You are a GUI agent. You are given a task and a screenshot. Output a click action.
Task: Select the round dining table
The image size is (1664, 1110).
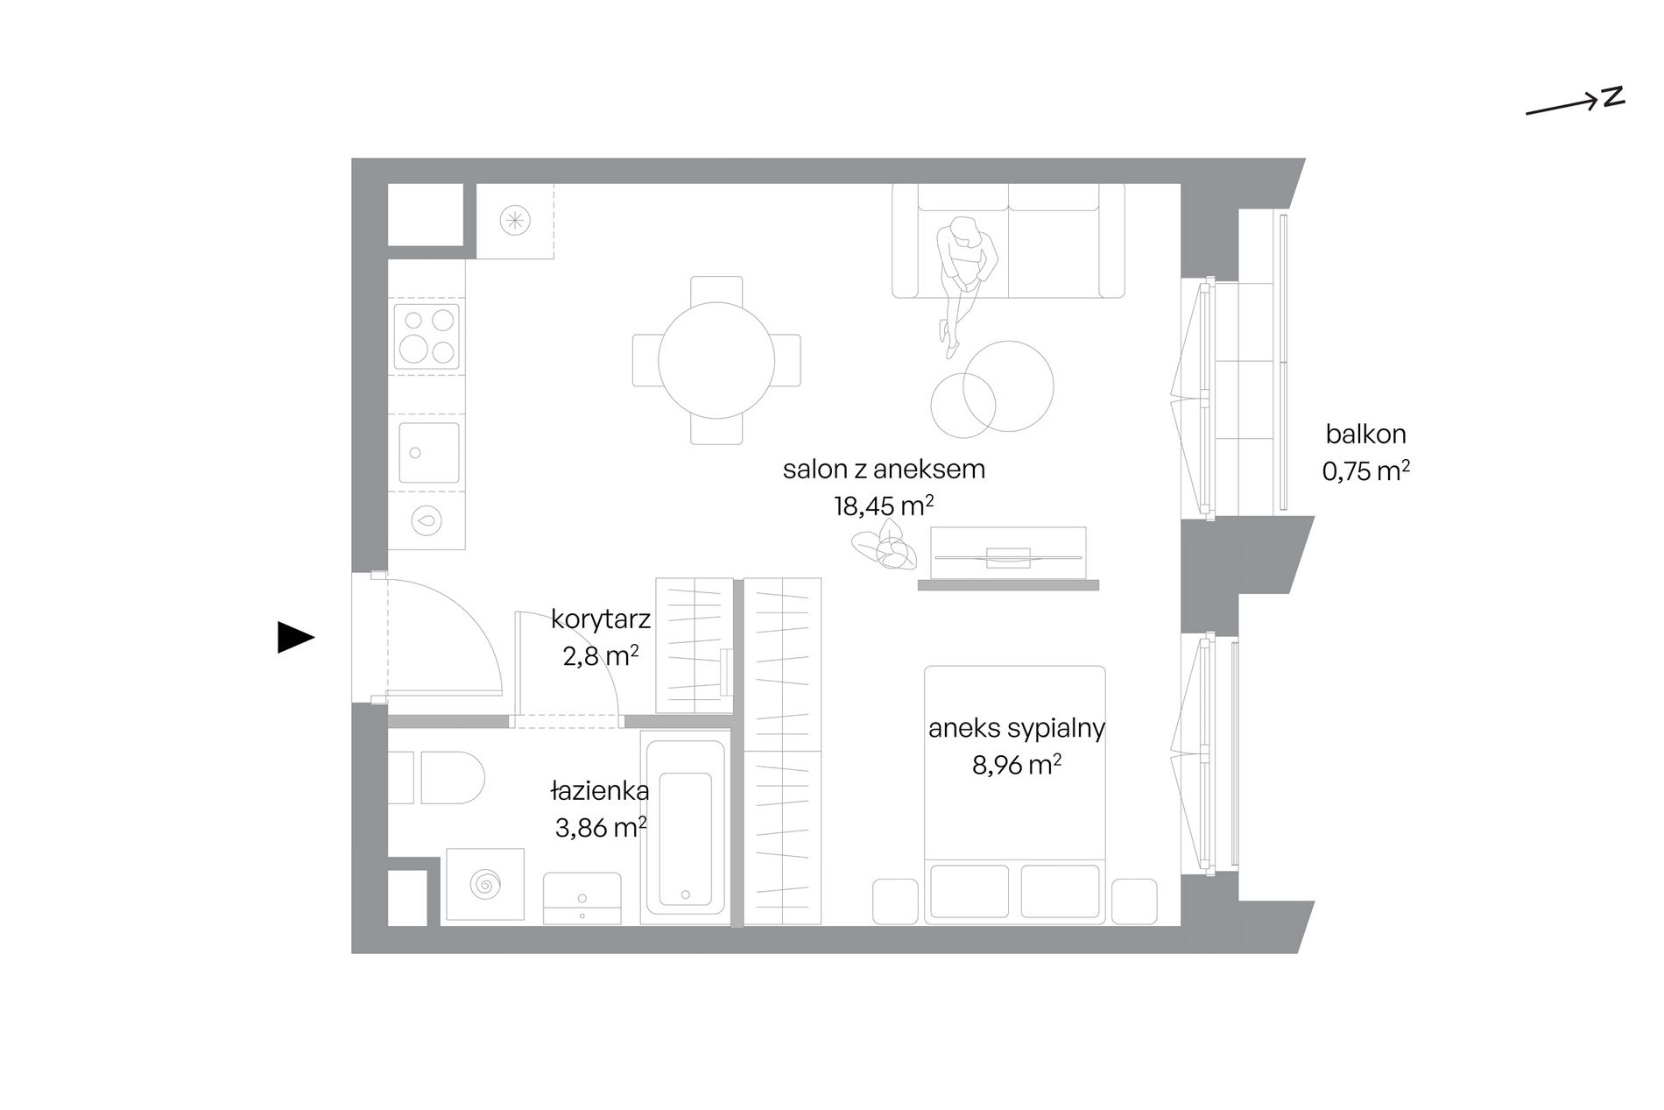716,360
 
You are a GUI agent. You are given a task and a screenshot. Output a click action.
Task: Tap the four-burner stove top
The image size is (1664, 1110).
427,336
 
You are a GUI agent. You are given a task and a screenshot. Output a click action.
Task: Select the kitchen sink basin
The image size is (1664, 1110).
428,452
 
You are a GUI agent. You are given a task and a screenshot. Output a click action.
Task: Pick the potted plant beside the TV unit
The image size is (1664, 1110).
885,545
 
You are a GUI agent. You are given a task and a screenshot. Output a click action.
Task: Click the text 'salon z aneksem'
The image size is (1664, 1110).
884,470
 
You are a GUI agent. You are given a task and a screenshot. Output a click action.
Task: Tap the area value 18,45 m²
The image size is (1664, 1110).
884,506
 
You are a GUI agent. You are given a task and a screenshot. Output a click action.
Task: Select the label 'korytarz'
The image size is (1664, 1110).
601,619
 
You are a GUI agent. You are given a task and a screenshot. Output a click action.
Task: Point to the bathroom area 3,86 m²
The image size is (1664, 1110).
601,827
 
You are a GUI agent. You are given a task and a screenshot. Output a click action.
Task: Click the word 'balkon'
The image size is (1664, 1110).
1365,434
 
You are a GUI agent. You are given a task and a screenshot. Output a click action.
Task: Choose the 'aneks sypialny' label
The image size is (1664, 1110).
1017,729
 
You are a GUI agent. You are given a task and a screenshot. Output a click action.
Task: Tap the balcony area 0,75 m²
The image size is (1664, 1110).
1365,471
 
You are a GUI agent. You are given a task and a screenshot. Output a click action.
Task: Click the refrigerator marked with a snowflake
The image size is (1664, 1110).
515,221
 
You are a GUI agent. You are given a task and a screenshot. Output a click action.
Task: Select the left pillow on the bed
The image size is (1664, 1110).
969,892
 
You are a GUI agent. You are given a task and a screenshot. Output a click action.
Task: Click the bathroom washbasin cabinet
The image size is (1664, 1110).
582,898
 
